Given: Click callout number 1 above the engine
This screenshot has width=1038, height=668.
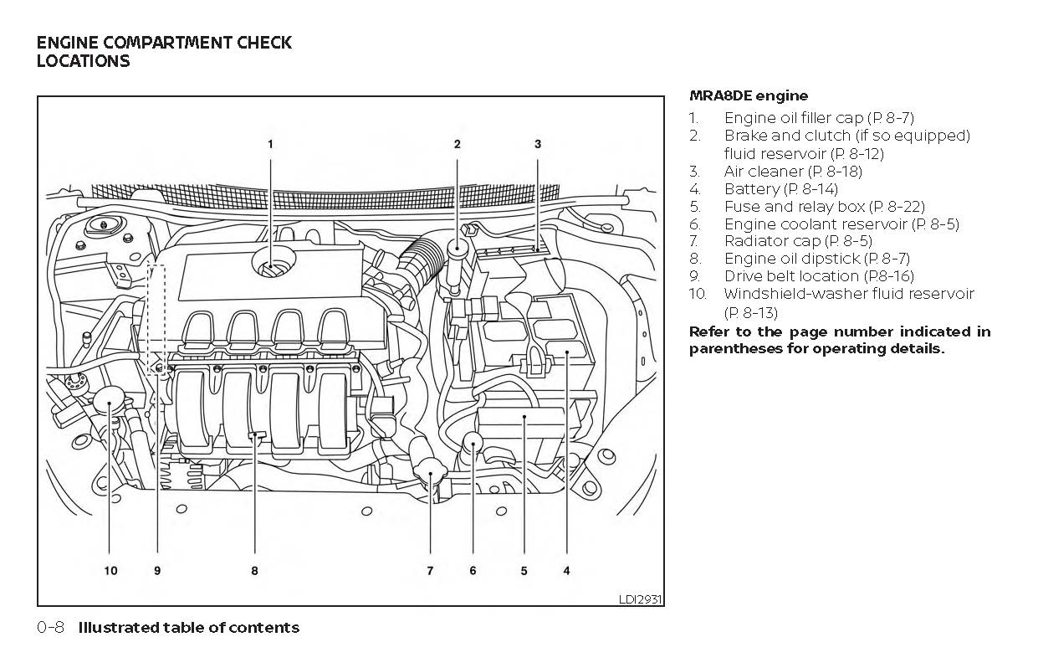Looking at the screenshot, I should pyautogui.click(x=270, y=144).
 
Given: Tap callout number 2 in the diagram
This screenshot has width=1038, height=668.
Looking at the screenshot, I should pyautogui.click(x=458, y=144).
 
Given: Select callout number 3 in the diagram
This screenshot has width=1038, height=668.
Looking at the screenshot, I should pyautogui.click(x=538, y=144).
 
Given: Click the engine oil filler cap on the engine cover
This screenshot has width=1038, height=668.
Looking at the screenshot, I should pyautogui.click(x=271, y=267).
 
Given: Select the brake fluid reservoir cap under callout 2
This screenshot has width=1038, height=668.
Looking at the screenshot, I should pyautogui.click(x=458, y=249).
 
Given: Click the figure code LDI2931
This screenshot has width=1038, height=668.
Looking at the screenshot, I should pyautogui.click(x=640, y=599).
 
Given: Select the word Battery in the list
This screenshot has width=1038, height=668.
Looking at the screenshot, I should pyautogui.click(x=751, y=189).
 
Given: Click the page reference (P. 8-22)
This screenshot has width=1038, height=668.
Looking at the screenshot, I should pyautogui.click(x=897, y=206).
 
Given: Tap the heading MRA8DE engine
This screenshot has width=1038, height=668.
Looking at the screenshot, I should pyautogui.click(x=749, y=96).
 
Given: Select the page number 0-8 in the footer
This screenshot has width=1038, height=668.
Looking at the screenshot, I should pyautogui.click(x=51, y=627).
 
